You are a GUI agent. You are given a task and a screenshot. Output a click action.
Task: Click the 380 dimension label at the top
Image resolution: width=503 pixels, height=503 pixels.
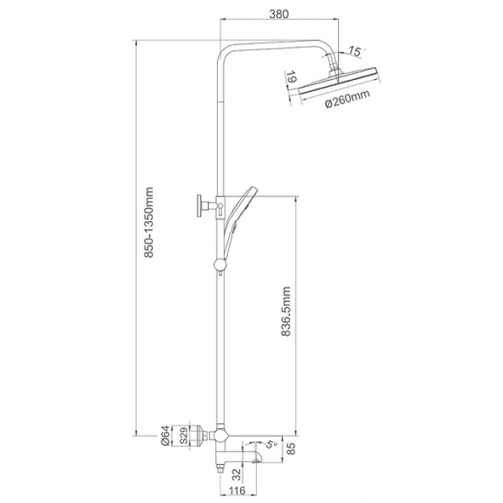278,14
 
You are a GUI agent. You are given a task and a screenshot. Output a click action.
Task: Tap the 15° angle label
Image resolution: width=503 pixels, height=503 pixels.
356,51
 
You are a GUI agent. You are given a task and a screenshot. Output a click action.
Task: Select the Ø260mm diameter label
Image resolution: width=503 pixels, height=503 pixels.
348,98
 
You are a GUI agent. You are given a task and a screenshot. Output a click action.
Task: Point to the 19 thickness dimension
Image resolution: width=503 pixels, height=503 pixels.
291,78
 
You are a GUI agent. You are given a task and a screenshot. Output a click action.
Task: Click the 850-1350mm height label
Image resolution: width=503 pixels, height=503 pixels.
148,223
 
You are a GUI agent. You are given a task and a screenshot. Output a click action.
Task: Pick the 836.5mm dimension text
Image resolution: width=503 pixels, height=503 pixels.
285,311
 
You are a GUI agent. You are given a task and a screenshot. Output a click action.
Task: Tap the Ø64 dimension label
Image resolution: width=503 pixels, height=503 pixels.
166,435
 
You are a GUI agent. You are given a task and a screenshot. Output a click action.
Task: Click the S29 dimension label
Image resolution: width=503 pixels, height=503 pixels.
184,435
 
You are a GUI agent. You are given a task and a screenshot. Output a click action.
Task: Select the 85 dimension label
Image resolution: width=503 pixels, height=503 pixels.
291,448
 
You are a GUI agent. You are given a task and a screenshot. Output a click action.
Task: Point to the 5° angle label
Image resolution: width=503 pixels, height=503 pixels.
271,445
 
